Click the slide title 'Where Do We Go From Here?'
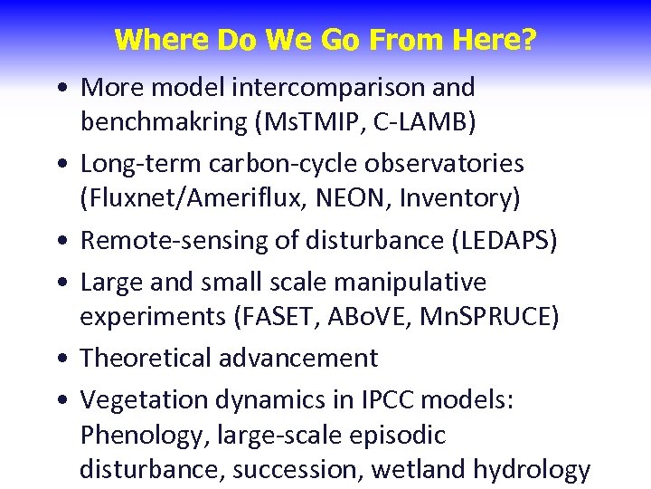325,41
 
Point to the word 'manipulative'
410,283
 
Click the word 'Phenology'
145,436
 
